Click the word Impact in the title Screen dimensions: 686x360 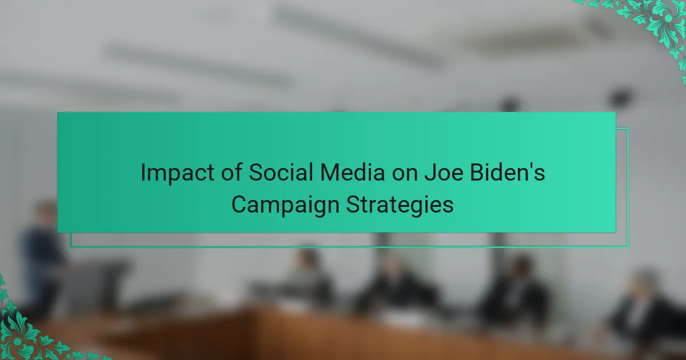click(x=177, y=173)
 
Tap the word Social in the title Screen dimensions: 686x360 click(x=281, y=172)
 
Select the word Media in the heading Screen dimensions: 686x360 click(x=353, y=172)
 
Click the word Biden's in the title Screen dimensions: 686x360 click(x=508, y=172)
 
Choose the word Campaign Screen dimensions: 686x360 click(x=285, y=205)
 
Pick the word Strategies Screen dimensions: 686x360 click(x=400, y=205)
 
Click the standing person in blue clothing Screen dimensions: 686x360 click(x=41, y=257)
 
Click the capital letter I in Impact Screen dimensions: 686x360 click(x=143, y=173)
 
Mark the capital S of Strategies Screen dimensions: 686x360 click(x=353, y=204)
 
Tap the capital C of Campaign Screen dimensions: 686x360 click(x=240, y=204)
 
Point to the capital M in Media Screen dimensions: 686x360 click(x=330, y=173)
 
